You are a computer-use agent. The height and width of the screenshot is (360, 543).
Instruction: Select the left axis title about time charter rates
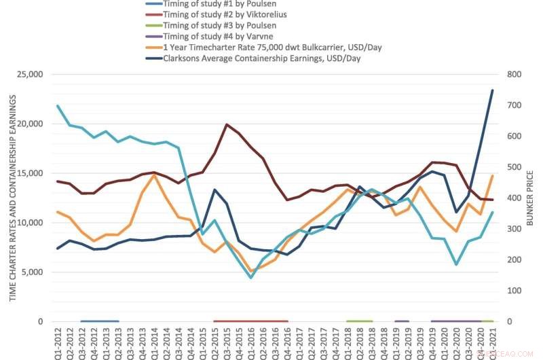(12, 198)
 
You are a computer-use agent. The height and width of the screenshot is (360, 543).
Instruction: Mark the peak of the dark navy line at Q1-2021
(492, 90)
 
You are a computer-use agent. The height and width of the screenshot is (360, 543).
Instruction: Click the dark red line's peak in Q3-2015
(226, 125)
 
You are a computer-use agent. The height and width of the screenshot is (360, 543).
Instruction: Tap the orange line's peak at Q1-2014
(154, 175)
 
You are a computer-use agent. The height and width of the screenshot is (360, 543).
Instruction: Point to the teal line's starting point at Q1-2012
(58, 106)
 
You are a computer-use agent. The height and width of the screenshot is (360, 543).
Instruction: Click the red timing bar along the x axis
(250, 321)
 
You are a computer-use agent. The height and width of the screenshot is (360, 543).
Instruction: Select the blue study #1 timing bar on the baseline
(100, 321)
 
